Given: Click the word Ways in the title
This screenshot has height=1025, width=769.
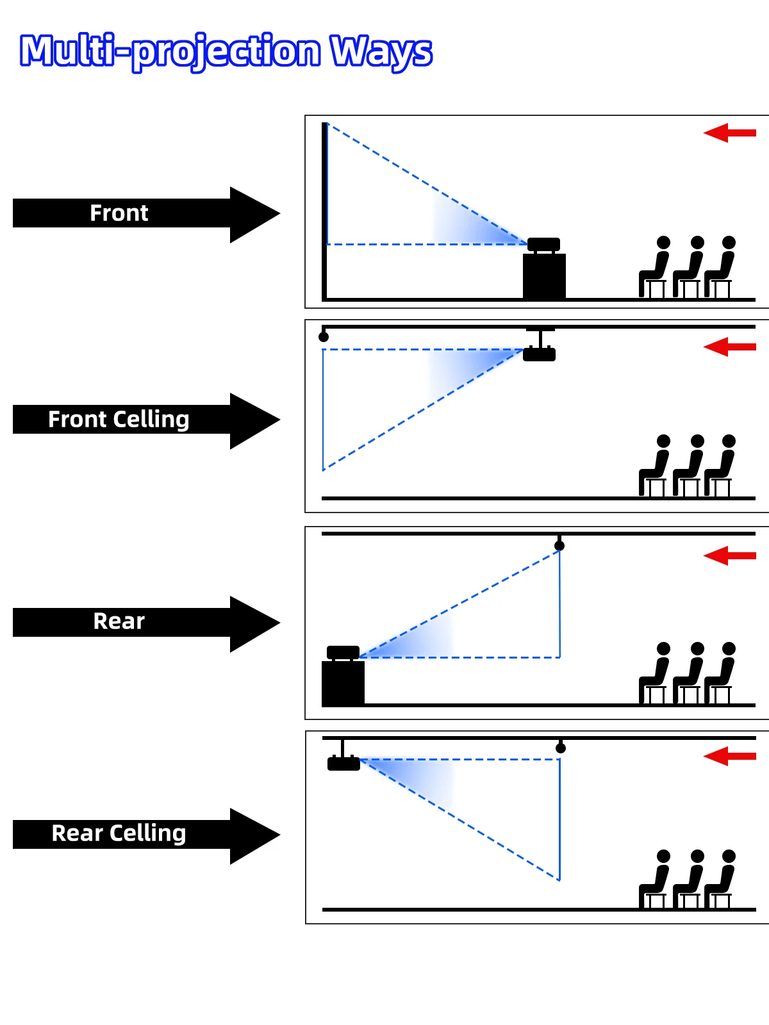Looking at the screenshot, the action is (x=381, y=51).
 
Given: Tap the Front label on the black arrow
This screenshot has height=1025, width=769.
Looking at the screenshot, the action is (x=119, y=213).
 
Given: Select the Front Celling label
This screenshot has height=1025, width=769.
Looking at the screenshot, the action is (x=119, y=420).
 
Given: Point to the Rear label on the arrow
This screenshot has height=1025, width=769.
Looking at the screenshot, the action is (x=119, y=621).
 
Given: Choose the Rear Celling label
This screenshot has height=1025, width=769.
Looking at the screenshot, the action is (x=119, y=833).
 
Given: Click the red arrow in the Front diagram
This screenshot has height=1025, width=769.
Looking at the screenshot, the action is (x=729, y=133).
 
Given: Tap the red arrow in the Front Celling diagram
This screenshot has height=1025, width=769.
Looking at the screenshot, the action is (x=729, y=347).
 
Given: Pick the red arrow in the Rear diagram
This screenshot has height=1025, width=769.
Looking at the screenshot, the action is (x=729, y=555).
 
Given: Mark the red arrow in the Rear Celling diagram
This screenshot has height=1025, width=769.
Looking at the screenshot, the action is (x=729, y=757).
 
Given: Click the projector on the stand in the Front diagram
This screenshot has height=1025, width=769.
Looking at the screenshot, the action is (x=543, y=245).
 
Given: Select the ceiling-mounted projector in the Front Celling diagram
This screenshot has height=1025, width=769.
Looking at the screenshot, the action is (x=540, y=354).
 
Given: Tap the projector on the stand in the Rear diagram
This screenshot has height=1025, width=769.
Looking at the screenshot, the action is (x=343, y=653).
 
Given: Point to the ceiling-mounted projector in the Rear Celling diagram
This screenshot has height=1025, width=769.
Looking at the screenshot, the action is (x=343, y=763).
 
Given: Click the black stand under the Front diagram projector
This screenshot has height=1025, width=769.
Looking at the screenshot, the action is (x=545, y=276).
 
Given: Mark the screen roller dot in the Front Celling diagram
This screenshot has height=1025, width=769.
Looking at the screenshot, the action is (x=324, y=337).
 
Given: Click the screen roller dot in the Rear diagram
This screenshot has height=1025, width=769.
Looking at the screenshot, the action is (x=559, y=546).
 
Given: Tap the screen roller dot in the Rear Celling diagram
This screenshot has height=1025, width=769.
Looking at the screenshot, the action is (x=561, y=748).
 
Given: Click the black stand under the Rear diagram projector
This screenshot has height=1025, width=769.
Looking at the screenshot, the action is (x=343, y=683).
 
